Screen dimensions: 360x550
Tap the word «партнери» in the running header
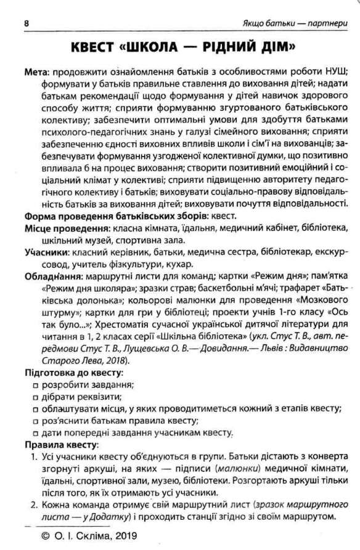click(x=332, y=24)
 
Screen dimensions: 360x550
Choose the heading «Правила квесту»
click(x=54, y=445)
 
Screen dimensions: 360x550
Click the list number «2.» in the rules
click(x=35, y=504)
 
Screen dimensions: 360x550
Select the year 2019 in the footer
click(x=125, y=536)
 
